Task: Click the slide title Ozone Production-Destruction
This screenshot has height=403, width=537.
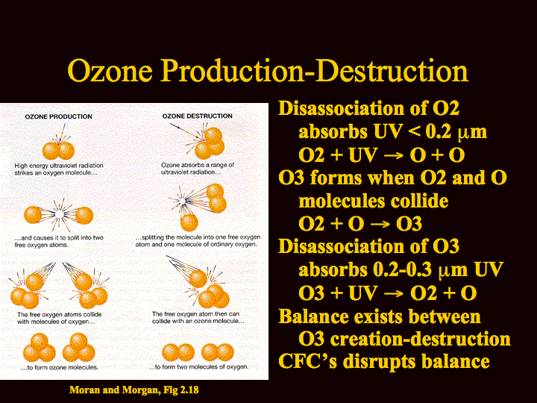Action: point(268,71)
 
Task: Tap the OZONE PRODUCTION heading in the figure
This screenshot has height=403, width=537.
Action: point(59,116)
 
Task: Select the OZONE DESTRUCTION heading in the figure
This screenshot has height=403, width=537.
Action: point(197,116)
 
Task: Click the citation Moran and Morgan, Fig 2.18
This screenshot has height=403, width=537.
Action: point(134,390)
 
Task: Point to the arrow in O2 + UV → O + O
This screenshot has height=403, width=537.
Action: point(394,155)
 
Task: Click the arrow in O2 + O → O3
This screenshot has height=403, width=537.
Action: point(380,225)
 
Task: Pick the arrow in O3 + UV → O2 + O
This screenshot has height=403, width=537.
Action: point(394,294)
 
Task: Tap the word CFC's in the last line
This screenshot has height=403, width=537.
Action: point(308,361)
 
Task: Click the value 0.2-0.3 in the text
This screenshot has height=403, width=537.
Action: point(403,269)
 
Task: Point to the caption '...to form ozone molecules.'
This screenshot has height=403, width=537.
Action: point(60,367)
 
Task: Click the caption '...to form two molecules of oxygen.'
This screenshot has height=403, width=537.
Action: point(198,367)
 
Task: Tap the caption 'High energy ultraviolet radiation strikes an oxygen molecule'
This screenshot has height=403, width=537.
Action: point(59,169)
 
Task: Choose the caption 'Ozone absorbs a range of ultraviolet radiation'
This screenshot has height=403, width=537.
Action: point(198,169)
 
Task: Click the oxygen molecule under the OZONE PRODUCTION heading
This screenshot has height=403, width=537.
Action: point(59,151)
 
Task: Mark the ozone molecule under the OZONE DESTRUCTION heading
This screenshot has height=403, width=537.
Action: point(210,143)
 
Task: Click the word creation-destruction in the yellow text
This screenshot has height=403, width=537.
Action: point(420,339)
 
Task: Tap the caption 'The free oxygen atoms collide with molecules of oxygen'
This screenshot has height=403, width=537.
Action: point(60,318)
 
